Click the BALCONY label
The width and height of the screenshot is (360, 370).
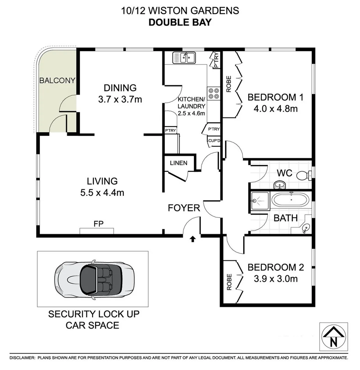(x=57, y=81)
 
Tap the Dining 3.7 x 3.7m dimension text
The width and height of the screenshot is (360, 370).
(x=120, y=100)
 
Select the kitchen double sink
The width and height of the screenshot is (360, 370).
(x=184, y=57)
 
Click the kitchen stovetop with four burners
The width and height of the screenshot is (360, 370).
(x=214, y=94)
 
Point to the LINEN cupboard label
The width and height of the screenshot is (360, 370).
(x=179, y=163)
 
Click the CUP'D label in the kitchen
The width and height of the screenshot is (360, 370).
(x=214, y=141)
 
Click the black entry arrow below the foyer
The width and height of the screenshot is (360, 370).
(x=193, y=239)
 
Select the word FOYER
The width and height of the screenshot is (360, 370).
(x=184, y=208)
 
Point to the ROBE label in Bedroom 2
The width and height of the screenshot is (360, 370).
(x=229, y=282)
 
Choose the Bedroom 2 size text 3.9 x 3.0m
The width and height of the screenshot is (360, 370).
(x=275, y=279)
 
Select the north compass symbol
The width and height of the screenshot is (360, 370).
(x=333, y=337)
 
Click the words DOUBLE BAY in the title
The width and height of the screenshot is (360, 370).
(x=180, y=23)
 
